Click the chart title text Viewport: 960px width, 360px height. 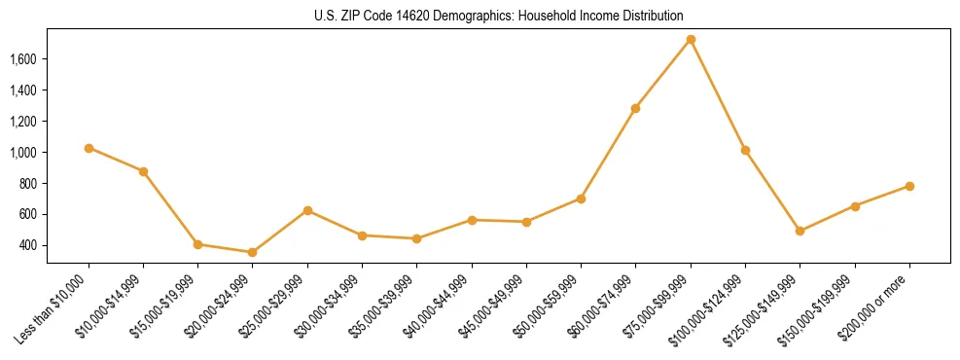point(499,16)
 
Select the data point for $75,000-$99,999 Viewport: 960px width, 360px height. point(691,40)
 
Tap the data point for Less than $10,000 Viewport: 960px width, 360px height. point(89,148)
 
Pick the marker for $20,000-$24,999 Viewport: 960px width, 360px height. point(253,252)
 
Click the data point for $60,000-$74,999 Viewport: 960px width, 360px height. point(635,108)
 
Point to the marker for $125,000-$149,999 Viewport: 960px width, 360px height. point(800,231)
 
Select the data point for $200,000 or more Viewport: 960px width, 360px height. point(909,186)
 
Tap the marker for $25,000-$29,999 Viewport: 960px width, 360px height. point(307,210)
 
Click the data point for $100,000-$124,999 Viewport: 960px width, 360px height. point(745,150)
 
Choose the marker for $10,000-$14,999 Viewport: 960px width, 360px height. point(143,171)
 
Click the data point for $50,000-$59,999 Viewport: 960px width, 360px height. point(581,198)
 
